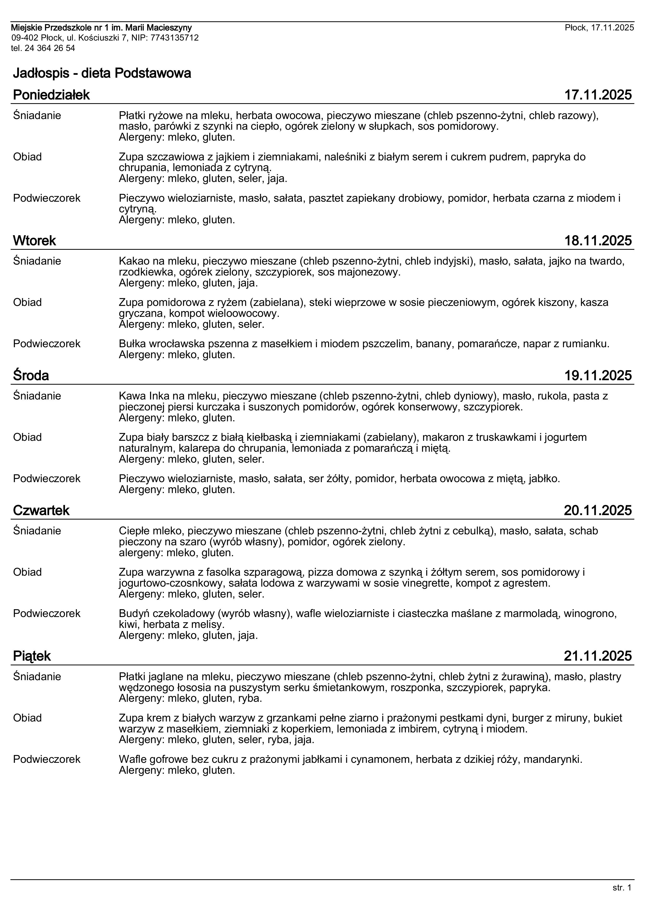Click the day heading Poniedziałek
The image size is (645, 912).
click(51, 95)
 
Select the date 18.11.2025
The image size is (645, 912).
click(598, 241)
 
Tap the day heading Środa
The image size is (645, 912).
click(31, 375)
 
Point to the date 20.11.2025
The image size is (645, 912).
click(598, 510)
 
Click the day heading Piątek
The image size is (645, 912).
click(32, 656)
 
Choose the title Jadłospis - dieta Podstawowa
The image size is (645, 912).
click(102, 73)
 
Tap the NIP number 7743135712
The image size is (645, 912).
click(175, 38)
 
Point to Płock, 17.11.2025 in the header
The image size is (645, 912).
click(599, 27)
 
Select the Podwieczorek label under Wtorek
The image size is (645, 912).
click(47, 344)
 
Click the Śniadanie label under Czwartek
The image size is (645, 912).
click(37, 531)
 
